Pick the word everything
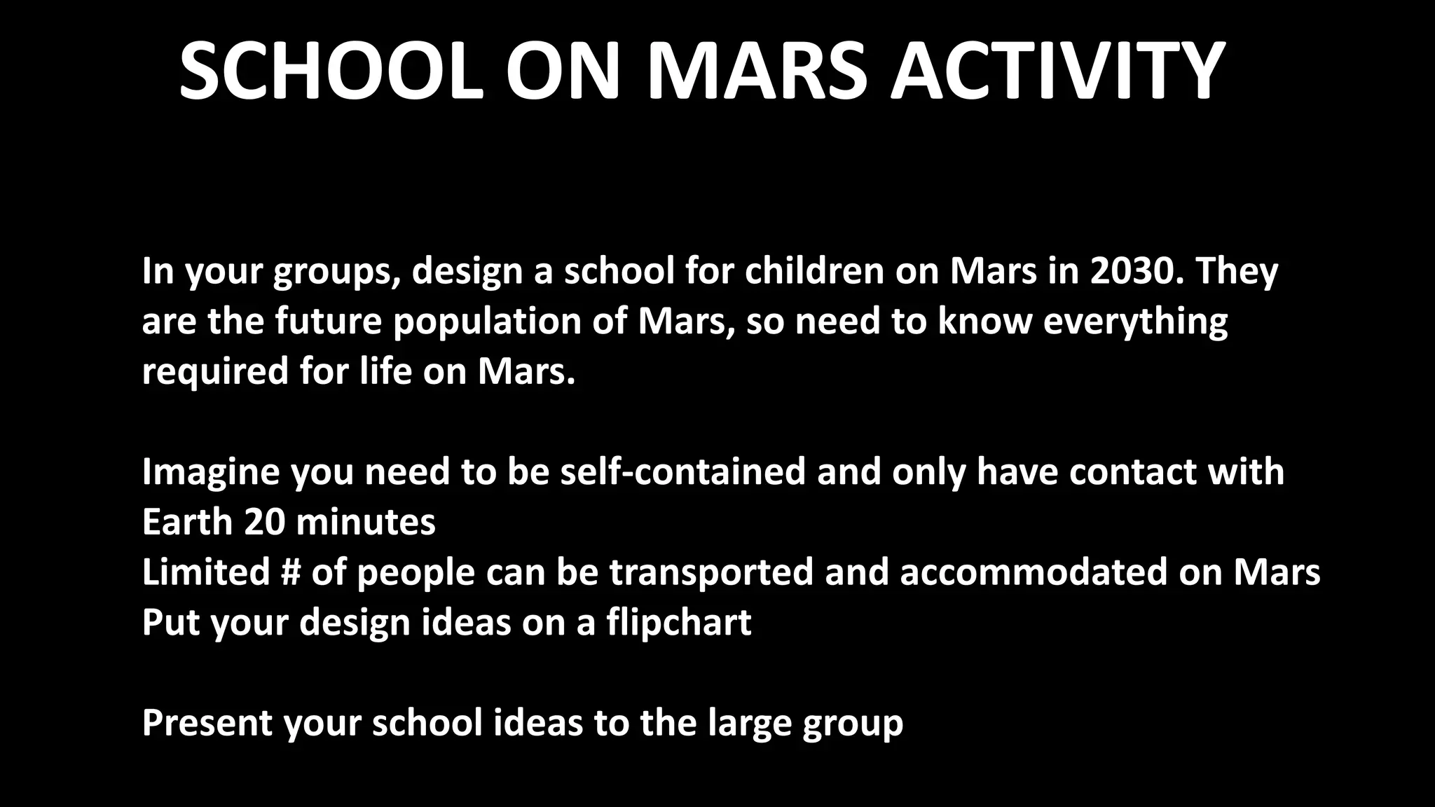(1135, 322)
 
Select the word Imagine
(211, 471)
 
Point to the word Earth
(187, 522)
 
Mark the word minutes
(366, 522)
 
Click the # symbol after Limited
(290, 572)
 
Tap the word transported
(712, 572)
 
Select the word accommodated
(1034, 572)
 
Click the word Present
(207, 723)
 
